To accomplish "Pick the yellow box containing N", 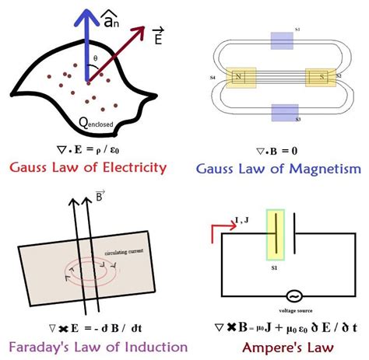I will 237,78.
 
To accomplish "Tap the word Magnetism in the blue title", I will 321,168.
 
